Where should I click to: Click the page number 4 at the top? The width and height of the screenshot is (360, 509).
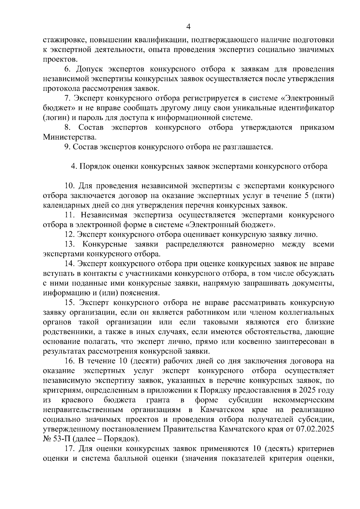tap(188, 27)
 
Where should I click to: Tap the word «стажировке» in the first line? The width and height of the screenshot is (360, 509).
tap(62, 40)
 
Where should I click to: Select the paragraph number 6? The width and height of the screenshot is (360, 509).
tap(67, 69)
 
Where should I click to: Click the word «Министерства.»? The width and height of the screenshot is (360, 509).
tap(70, 137)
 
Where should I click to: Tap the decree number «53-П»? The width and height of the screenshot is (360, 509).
tap(59, 439)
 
